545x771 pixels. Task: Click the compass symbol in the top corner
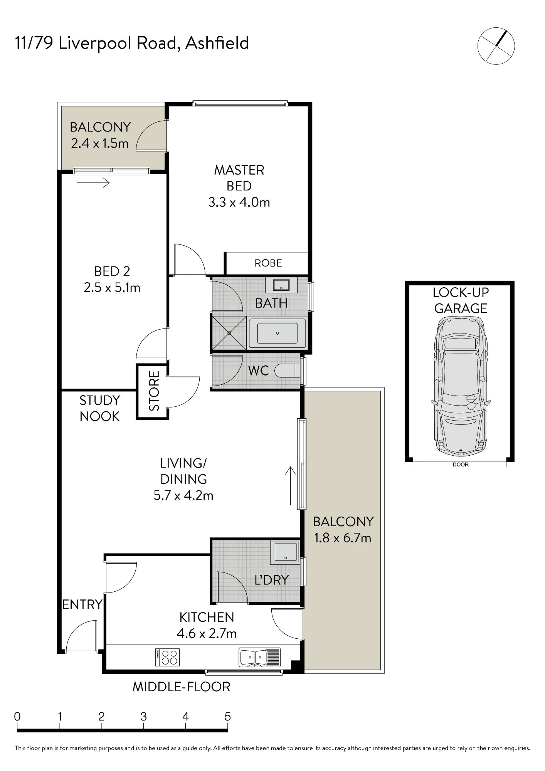point(496,45)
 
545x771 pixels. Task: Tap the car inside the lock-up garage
point(461,385)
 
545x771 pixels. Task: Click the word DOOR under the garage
point(461,465)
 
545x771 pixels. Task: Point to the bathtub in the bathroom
point(278,333)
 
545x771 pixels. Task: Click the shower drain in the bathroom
point(229,333)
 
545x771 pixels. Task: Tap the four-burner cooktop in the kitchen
point(167,657)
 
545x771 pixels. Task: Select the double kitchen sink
point(260,657)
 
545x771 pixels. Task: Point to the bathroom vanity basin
point(281,285)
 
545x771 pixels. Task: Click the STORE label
point(154,391)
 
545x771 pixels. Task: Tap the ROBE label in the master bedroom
point(268,263)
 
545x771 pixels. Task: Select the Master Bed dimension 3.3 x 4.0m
point(239,202)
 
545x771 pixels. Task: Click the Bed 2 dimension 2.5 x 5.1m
point(112,288)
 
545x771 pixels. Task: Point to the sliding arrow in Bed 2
point(93,183)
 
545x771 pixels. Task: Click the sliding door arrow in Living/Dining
point(290,486)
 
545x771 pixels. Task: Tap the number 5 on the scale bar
point(228,717)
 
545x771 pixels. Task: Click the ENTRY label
point(82,604)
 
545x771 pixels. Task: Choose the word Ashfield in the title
point(217,43)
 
